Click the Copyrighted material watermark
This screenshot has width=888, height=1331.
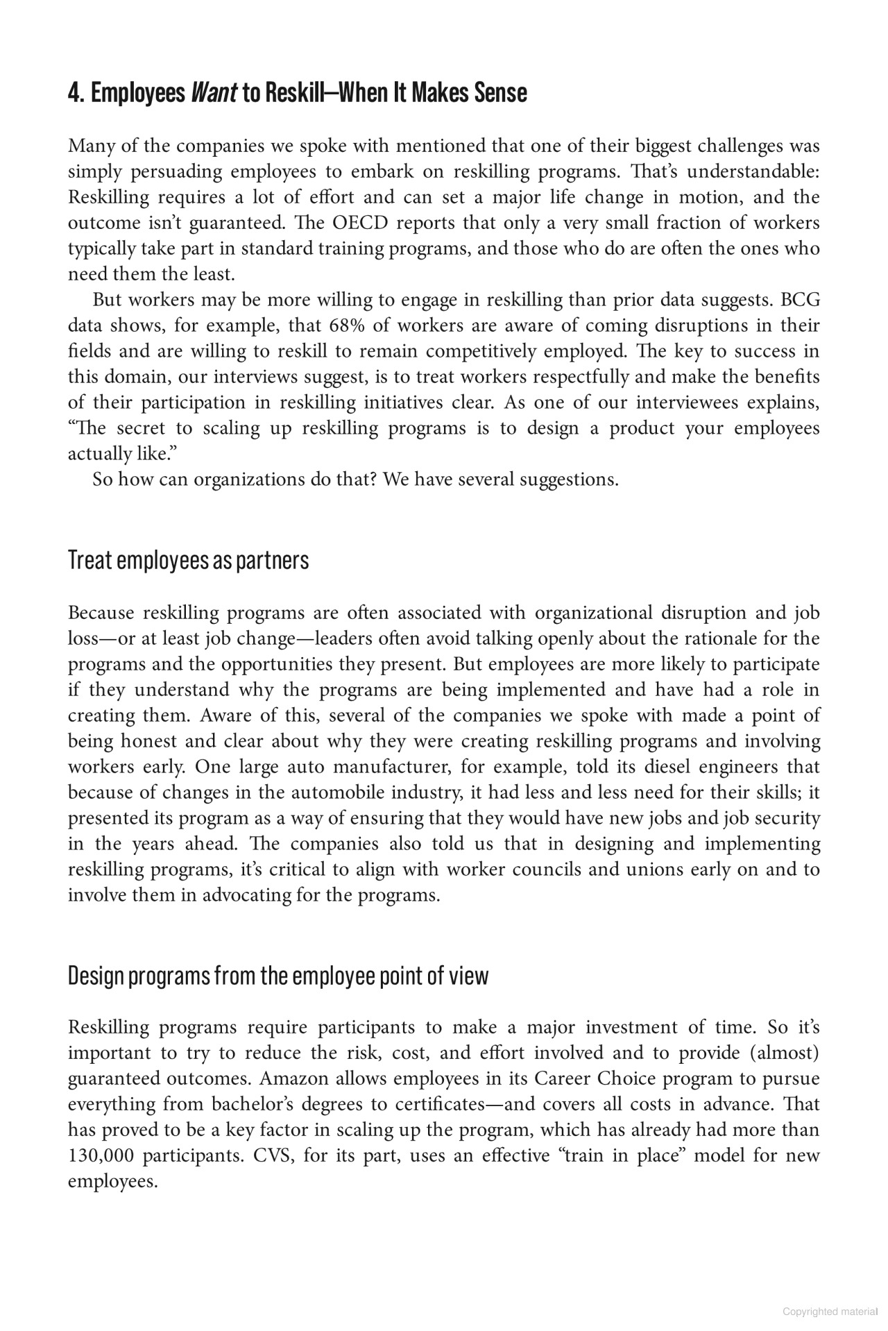830,1312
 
